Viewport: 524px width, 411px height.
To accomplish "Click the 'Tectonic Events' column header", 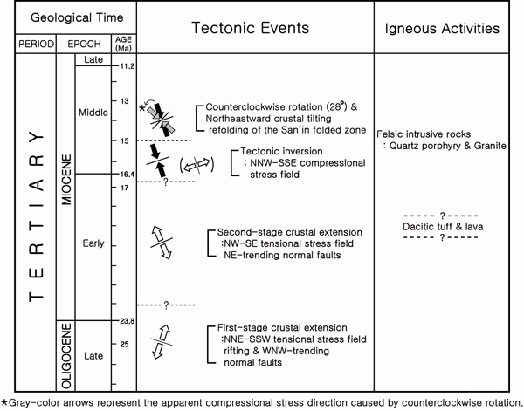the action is pos(251,28).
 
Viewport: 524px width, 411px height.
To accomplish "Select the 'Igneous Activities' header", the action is pos(442,29).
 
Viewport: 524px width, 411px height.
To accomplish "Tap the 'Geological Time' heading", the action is pos(77,17).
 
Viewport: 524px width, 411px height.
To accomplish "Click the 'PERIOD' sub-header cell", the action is pos(36,45).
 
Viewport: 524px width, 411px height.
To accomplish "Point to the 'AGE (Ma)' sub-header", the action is pos(124,44).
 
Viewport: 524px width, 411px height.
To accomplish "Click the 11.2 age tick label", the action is pos(128,66).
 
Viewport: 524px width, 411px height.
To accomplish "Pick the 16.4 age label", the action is pos(128,174).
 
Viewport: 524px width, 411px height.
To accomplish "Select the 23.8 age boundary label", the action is pos(128,321).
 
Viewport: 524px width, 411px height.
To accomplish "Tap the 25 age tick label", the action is pos(124,344).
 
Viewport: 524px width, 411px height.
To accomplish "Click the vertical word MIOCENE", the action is pos(66,180).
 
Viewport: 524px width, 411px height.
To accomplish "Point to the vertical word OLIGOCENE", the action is pos(66,356).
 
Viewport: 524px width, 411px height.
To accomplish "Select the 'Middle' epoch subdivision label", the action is pos(93,113).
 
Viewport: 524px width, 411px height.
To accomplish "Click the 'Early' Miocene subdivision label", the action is pos(93,243).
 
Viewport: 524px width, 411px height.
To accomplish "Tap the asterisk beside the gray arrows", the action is pos(142,108).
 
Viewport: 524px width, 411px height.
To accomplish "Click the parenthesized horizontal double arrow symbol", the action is pos(196,165).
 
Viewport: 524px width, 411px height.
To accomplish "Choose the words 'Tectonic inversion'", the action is pos(281,151).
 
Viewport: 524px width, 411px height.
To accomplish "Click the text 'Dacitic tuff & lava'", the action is pos(443,227).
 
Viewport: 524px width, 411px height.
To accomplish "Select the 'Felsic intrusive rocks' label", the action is pos(424,134).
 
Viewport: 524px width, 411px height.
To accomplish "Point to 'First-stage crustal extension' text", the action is pos(282,327).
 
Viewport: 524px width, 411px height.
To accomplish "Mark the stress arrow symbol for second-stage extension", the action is pos(162,243).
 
